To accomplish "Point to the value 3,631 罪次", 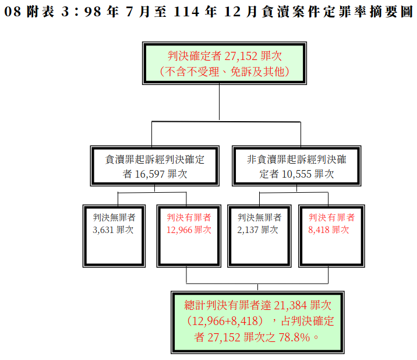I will [113, 230].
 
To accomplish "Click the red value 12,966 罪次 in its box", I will [188, 230].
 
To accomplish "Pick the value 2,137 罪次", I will [258, 230].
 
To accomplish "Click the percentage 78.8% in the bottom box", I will [294, 337].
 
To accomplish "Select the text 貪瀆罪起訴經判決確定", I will [154, 159].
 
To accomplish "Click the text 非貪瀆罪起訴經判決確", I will [296, 159].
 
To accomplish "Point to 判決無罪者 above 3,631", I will [114, 217].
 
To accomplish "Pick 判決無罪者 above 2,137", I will [259, 217].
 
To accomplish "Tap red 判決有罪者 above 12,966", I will [189, 217].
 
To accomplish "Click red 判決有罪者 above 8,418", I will [331, 217].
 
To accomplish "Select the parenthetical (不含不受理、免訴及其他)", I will [224, 72].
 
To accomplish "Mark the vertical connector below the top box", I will [219, 102].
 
